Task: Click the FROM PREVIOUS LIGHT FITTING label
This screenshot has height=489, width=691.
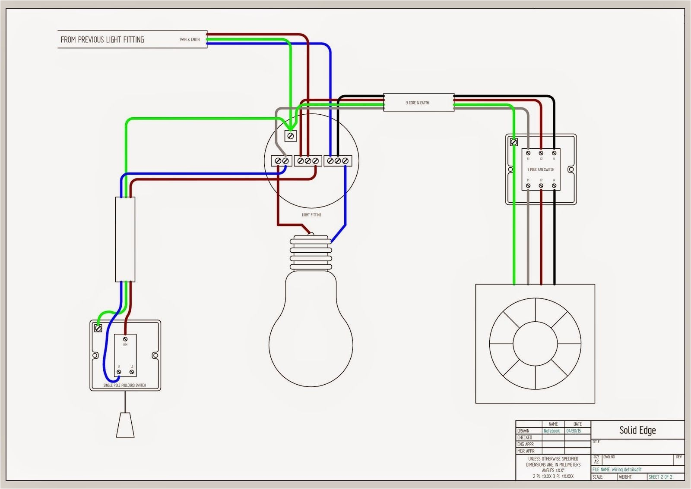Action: pos(102,40)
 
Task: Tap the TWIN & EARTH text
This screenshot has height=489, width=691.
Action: pos(190,40)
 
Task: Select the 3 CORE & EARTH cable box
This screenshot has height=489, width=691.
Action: pos(418,103)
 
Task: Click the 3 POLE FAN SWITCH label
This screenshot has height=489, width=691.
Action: pos(541,169)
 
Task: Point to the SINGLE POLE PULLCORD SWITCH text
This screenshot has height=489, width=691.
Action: pos(125,385)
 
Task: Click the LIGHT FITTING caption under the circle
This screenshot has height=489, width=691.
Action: pos(311,214)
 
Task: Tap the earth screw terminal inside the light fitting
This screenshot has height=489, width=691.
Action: pos(290,136)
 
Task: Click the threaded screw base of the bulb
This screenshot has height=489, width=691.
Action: pos(311,250)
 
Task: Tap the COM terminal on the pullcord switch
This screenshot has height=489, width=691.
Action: pos(125,339)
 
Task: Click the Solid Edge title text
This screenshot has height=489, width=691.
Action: pos(637,430)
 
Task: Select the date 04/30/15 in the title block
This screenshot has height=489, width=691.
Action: pos(574,431)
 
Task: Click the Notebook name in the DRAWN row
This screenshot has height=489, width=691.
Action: pos(552,431)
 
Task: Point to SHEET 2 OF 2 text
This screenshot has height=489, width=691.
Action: pos(660,477)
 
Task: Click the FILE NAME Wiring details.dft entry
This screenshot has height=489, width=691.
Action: pos(617,470)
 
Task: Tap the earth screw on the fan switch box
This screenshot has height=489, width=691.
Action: pos(514,142)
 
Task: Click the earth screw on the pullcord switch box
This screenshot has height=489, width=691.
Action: pos(98,328)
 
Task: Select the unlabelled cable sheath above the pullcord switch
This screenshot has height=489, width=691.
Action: pos(125,239)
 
